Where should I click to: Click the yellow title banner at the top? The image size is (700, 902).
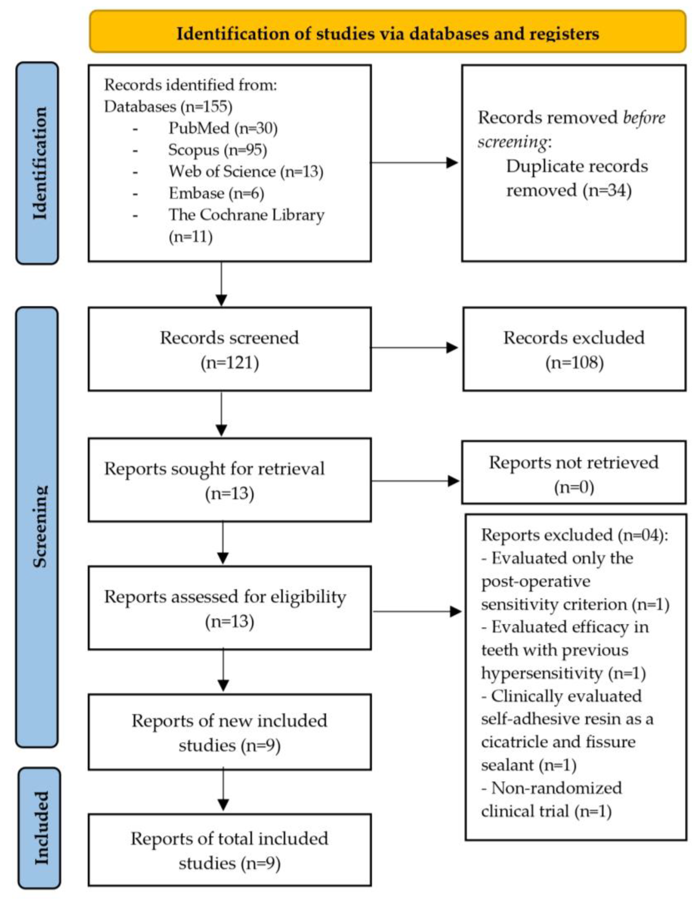click(387, 32)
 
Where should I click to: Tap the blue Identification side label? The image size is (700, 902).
click(37, 163)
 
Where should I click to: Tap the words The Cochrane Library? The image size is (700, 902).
click(246, 215)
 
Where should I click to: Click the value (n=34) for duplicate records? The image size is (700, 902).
click(608, 190)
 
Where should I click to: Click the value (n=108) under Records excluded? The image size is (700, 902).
click(574, 362)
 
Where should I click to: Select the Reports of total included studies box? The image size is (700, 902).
click(229, 850)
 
